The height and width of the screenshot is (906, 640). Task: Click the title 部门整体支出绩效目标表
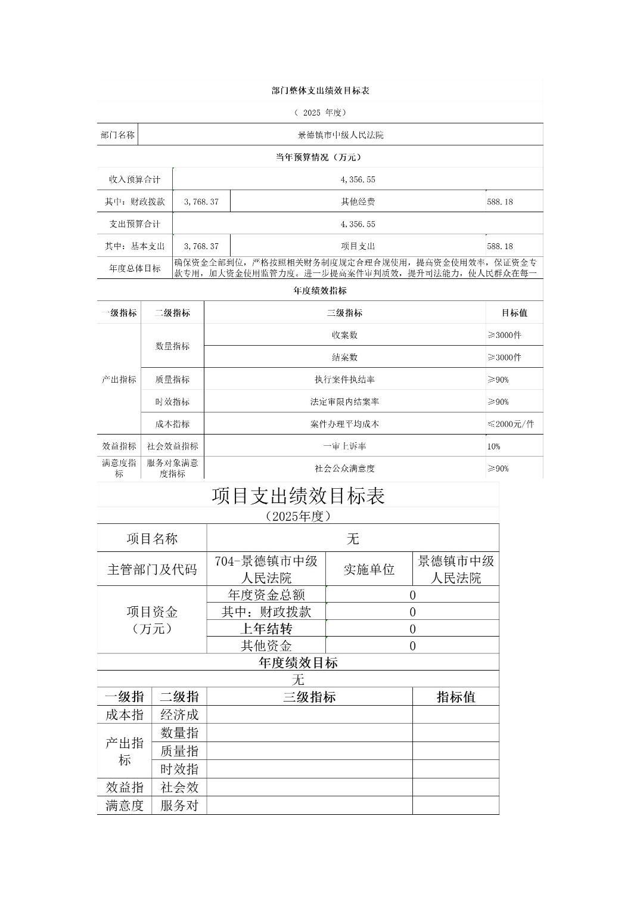[x=321, y=91]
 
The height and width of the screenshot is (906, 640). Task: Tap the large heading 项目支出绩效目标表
[x=298, y=496]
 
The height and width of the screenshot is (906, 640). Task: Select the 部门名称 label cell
[x=117, y=135]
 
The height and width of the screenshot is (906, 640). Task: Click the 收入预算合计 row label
[x=135, y=179]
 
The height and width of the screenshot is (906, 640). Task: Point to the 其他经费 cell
[x=358, y=201]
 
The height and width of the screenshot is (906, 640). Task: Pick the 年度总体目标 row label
[x=135, y=268]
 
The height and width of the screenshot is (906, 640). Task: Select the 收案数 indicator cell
[x=344, y=335]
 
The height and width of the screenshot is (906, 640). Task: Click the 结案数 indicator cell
[x=344, y=357]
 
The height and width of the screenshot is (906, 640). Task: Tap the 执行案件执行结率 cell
[x=344, y=379]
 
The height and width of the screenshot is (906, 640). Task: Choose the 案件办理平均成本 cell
[x=344, y=424]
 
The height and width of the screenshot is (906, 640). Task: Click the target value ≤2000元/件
[x=511, y=424]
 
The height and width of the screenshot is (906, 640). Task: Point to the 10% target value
[x=494, y=446]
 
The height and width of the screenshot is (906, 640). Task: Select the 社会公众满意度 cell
[x=344, y=468]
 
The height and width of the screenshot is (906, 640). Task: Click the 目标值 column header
[x=514, y=312]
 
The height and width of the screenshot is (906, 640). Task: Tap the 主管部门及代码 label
[x=152, y=569]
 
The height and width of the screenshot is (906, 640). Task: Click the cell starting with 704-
[x=266, y=569]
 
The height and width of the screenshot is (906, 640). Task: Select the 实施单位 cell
[x=369, y=569]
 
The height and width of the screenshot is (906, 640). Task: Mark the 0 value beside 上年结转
[x=412, y=629]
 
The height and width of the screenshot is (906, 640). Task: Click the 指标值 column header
[x=456, y=697]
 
